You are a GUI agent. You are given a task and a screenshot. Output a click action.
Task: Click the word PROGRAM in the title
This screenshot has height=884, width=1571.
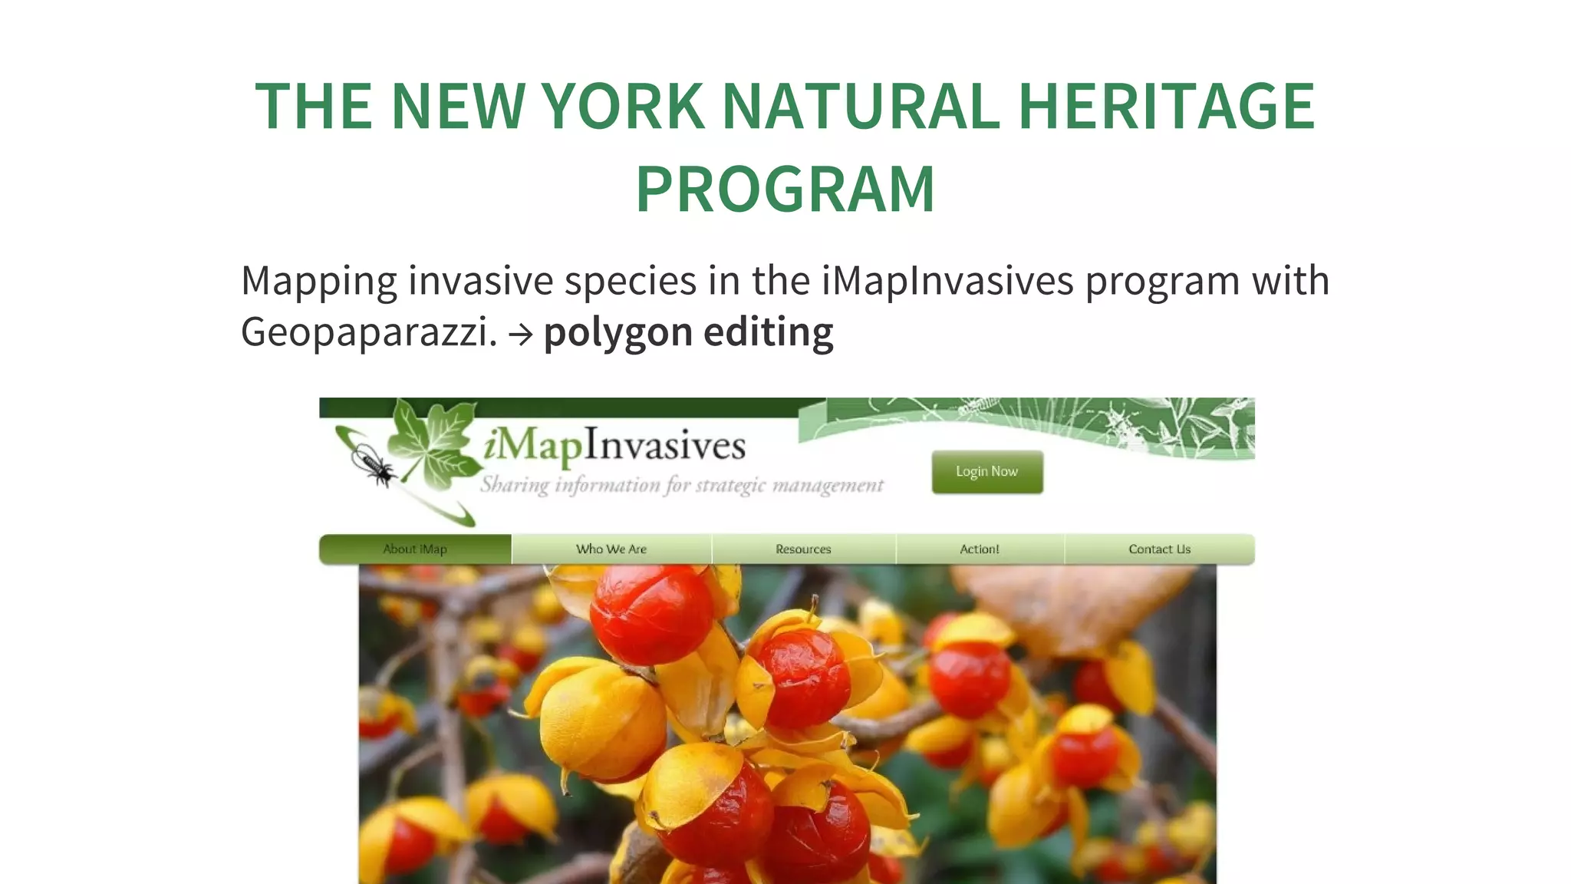coord(785,189)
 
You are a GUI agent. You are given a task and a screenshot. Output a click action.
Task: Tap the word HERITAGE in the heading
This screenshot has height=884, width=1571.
coord(1166,106)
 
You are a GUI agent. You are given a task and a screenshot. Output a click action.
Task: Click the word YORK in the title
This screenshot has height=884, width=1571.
coord(624,106)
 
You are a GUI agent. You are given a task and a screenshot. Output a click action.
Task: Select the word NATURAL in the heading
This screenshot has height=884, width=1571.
coord(861,106)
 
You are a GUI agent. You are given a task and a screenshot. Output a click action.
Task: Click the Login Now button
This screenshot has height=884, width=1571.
coord(987,471)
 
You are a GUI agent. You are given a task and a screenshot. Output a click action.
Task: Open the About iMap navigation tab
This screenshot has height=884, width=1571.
coord(415,549)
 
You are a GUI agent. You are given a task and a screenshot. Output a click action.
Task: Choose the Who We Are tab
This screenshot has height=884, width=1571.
coord(611,549)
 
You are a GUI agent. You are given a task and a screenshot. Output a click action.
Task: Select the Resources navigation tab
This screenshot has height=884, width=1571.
coord(803,549)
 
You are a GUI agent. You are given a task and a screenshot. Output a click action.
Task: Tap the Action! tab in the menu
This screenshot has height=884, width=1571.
coord(980,549)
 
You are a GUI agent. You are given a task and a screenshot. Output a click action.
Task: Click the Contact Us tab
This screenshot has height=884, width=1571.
coord(1159,549)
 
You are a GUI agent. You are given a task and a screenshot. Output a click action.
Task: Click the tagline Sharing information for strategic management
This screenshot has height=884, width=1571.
coord(682,485)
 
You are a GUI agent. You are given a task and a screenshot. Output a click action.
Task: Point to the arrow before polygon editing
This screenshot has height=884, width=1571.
coord(520,335)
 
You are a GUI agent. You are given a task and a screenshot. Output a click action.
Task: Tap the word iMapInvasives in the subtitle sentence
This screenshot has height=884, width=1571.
coord(947,280)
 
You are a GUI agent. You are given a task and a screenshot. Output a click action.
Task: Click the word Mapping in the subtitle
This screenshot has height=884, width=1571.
coord(318,282)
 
